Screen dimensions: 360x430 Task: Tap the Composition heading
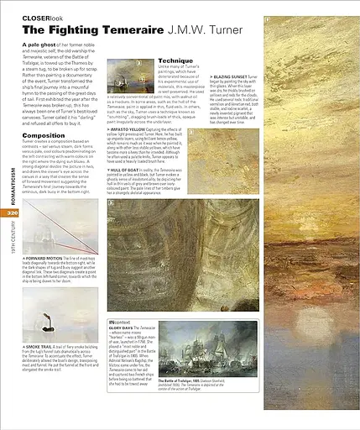click(x=44, y=134)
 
